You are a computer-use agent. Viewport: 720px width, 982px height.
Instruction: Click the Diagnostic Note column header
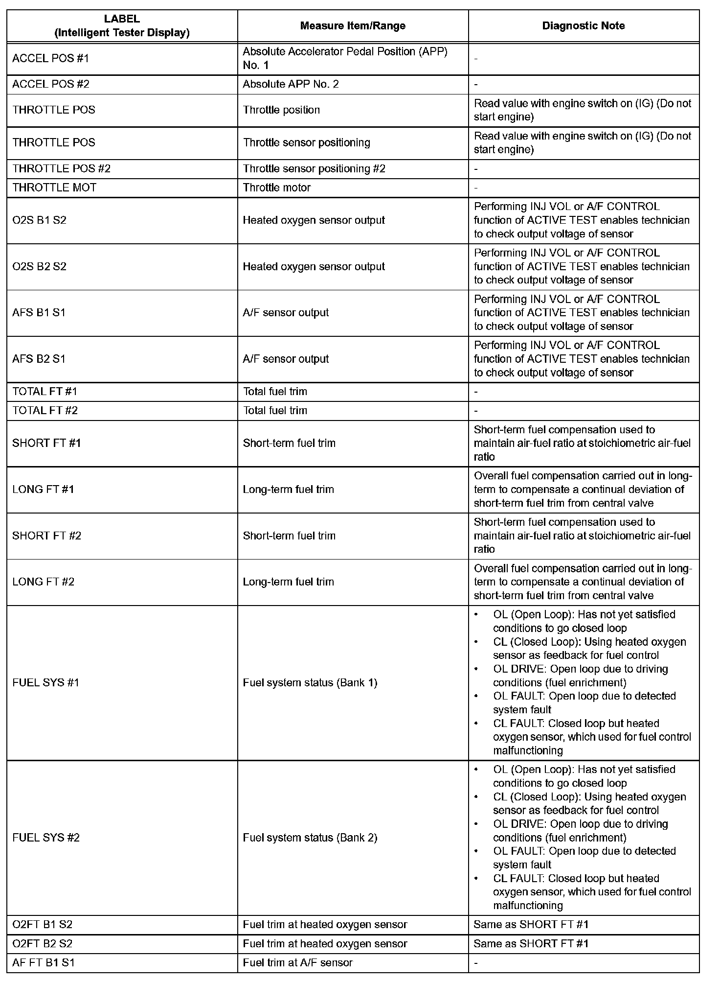point(583,26)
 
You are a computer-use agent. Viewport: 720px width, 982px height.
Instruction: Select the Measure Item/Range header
point(353,26)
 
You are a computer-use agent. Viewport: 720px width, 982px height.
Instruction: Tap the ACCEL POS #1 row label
point(51,58)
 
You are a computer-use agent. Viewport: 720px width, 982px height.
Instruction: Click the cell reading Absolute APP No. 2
point(291,84)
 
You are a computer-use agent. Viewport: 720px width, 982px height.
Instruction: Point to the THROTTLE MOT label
point(54,187)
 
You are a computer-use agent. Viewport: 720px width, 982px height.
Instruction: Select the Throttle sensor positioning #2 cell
point(314,168)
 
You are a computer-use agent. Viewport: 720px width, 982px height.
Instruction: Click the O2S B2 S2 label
point(39,266)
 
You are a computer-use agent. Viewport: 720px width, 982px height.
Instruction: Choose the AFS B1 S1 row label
point(39,312)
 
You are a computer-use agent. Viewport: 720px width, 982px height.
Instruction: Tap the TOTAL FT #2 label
point(45,410)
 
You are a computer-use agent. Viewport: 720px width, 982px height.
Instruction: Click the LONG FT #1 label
point(43,489)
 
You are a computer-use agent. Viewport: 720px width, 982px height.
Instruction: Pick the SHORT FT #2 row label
point(46,536)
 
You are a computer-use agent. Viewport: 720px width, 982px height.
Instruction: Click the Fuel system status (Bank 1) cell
point(310,682)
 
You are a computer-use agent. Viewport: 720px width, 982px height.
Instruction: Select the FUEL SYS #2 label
point(46,838)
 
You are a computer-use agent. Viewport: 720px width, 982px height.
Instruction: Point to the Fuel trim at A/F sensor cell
point(297,963)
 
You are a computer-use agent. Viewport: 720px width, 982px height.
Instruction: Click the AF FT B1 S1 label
point(44,963)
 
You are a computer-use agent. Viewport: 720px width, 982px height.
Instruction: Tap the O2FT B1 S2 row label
point(43,925)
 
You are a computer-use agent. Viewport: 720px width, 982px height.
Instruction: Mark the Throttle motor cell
point(276,187)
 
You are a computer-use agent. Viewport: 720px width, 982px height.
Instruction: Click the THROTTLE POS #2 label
point(62,168)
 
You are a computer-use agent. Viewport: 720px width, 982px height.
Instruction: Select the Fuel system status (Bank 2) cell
point(310,838)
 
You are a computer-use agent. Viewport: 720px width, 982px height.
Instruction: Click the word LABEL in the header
point(122,19)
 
